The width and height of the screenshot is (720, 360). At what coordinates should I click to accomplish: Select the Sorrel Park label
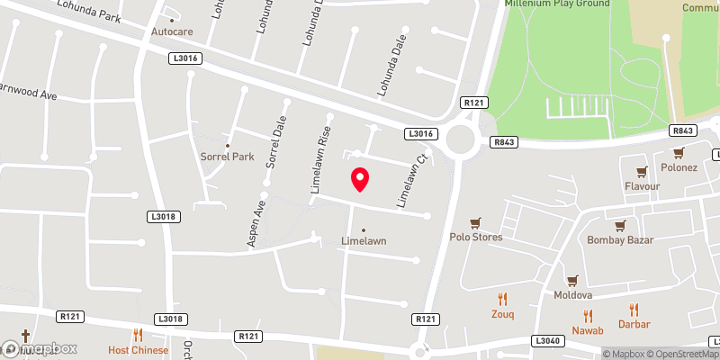228,156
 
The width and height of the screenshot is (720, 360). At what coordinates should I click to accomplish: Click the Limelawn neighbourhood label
364,241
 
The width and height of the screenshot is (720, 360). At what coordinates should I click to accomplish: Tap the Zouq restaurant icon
503,300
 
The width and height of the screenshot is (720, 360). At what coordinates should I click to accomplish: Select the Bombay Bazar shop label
619,240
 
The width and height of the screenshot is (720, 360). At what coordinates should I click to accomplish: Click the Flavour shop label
643,186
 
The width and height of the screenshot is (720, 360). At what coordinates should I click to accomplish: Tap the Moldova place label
572,295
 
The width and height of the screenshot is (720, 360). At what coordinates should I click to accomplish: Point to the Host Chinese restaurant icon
138,335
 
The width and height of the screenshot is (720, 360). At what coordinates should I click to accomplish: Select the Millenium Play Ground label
556,4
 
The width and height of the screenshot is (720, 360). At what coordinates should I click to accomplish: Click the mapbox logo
39,348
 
